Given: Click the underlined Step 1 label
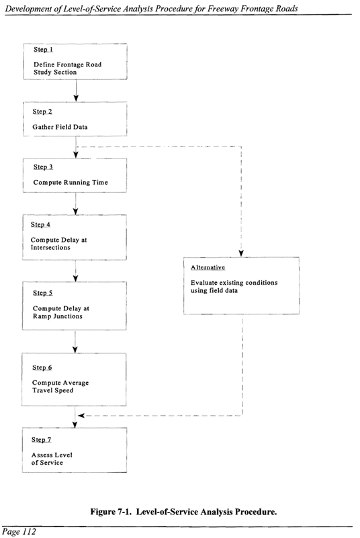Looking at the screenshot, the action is pos(43,50).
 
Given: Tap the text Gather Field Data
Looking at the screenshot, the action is pos(60,127).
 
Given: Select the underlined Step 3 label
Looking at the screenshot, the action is pos(43,167).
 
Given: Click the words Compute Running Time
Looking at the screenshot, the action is pos(71,183).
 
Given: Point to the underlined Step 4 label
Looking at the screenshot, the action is pos(40,225).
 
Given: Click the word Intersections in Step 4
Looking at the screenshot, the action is pos(50,248).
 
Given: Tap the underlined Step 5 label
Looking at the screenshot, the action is pos(43,293).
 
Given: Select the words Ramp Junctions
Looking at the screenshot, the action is pos(58,316).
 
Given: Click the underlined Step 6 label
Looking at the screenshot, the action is pos(42,368).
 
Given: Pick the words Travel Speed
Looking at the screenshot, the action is pos(53,390).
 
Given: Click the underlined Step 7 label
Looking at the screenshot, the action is pos(42,440).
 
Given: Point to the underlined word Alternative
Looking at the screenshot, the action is pos(208,267).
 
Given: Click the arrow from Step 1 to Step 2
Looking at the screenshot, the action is pos(76,91).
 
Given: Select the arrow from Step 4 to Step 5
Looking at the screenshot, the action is pos(75,271).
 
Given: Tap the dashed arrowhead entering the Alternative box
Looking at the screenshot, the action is pos(241,253).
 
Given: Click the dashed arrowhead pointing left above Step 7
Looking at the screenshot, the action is pos(81,416).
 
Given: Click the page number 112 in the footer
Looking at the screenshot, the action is pos(29,532).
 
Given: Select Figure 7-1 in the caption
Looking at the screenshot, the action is pos(112,512).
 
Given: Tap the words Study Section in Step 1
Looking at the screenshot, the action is pos(55,73).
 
